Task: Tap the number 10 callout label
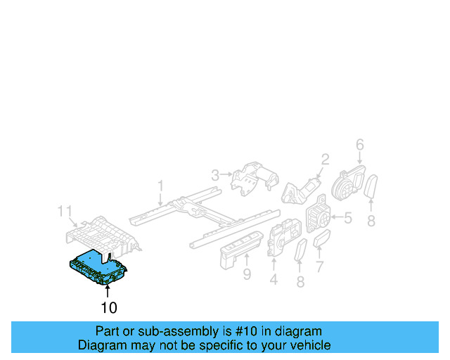(x=108, y=307)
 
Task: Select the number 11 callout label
(x=65, y=211)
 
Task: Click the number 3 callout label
(x=215, y=173)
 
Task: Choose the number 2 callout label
(x=325, y=159)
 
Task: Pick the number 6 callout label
(x=359, y=145)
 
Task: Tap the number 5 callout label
(x=347, y=219)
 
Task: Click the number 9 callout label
(x=247, y=274)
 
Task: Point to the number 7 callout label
(x=319, y=266)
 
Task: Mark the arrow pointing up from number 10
(x=108, y=290)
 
